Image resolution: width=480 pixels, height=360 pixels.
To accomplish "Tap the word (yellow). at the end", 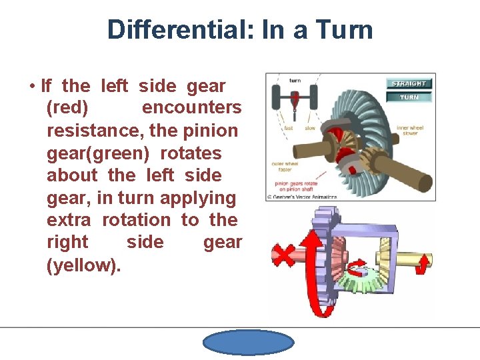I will (84, 265).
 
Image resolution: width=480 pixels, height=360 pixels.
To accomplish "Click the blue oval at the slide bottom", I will (248, 343).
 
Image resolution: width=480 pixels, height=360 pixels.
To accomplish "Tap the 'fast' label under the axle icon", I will (288, 127).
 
